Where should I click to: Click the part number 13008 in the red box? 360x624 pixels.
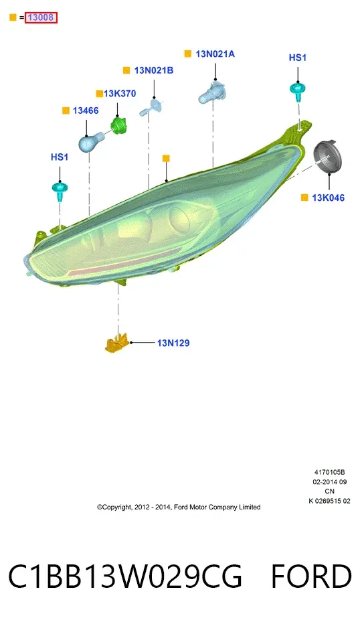click(x=41, y=17)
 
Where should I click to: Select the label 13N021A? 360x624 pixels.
click(x=215, y=54)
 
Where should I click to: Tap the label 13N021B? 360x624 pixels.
click(x=154, y=70)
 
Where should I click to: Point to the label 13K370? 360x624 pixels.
click(x=120, y=94)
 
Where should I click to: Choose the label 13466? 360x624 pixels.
click(x=86, y=110)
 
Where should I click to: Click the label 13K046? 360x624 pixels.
click(x=328, y=198)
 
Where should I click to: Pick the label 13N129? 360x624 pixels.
click(x=173, y=343)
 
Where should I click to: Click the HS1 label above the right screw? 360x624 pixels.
click(x=298, y=58)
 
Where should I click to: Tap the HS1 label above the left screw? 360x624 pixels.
click(x=60, y=157)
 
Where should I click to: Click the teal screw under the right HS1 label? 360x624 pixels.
click(x=298, y=91)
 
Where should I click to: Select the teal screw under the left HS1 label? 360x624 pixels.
click(x=60, y=191)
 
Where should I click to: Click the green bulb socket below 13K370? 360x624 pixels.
click(x=118, y=125)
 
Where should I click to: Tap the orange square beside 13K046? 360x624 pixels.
click(x=304, y=198)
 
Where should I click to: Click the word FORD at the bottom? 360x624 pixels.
click(x=311, y=576)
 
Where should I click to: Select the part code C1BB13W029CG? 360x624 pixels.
click(x=125, y=576)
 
